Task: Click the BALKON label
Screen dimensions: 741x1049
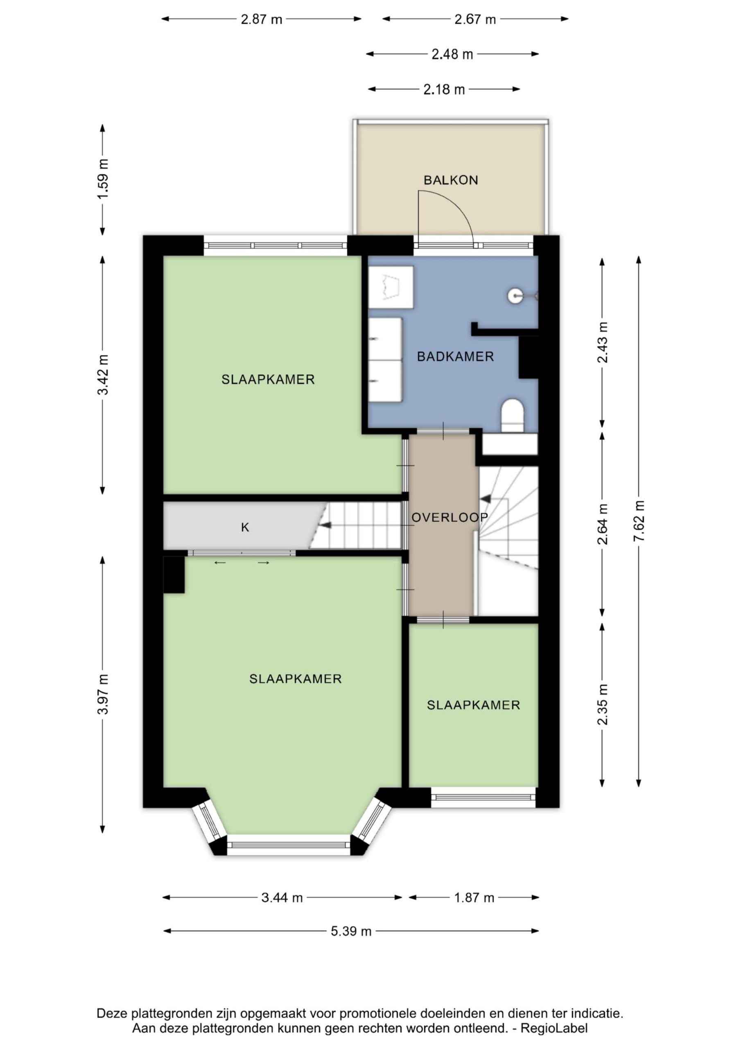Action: (x=451, y=180)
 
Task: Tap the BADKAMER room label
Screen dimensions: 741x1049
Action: (x=455, y=356)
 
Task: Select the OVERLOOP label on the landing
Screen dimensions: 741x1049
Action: (x=450, y=517)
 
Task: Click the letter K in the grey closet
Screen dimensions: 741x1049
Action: (x=245, y=527)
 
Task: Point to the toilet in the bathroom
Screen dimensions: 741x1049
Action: (x=513, y=415)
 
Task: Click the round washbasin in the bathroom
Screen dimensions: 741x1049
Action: (x=515, y=295)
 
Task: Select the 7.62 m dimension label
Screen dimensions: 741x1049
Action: (x=639, y=521)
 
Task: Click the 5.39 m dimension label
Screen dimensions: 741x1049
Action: (x=351, y=931)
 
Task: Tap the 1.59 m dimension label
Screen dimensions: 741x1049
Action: (x=103, y=179)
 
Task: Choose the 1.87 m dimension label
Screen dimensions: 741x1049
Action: (x=474, y=898)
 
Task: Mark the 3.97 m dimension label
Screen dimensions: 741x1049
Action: (x=103, y=694)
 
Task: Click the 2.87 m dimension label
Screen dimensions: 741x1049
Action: (x=262, y=19)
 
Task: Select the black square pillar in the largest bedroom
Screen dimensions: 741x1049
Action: (x=174, y=575)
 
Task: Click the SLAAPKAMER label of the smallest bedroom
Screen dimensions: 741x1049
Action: (x=473, y=705)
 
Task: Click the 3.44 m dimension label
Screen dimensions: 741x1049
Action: (x=282, y=898)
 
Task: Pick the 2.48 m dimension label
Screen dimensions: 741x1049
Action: (x=452, y=54)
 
